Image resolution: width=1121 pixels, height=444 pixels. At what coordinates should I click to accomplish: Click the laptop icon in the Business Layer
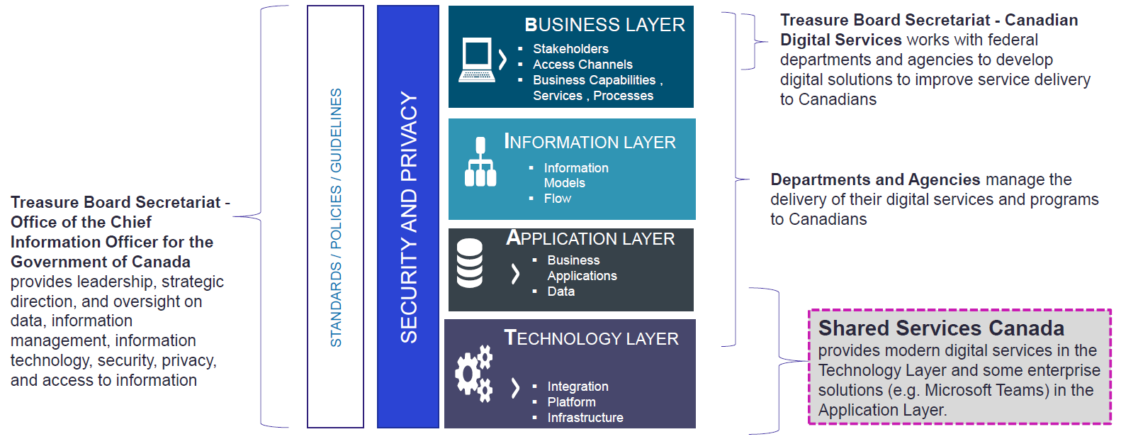[476, 60]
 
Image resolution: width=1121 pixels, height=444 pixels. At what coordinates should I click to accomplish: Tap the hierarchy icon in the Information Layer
[480, 162]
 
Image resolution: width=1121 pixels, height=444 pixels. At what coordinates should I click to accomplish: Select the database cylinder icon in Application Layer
[470, 263]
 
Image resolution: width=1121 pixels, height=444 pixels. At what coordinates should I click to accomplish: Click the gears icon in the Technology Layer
[473, 373]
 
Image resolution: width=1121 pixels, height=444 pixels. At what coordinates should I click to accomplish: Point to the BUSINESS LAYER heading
[604, 25]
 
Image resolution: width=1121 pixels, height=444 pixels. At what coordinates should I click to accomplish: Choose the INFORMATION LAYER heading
[590, 142]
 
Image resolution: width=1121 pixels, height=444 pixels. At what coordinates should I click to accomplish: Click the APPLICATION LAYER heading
[590, 238]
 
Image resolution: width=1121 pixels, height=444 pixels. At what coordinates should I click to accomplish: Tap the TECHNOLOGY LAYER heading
[591, 338]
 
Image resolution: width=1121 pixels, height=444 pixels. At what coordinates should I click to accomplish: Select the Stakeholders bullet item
[570, 49]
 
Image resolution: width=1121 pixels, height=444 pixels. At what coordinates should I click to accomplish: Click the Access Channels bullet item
[582, 65]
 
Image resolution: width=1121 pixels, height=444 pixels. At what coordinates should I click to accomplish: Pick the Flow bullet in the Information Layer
[557, 199]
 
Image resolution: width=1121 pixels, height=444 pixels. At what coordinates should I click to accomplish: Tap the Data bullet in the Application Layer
[560, 292]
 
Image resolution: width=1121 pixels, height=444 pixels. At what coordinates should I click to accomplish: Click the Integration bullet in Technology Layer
[578, 387]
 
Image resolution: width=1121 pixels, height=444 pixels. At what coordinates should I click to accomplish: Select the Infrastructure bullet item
[585, 418]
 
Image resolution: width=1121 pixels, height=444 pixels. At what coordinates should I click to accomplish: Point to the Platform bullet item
[571, 402]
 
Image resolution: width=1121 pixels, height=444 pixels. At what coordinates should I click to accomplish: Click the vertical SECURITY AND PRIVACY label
[409, 217]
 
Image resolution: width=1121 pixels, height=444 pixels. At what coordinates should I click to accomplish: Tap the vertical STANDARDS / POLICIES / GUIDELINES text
[336, 217]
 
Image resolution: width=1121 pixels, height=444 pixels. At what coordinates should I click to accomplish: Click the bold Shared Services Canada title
[941, 328]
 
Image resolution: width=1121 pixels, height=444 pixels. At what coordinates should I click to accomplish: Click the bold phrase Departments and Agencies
[875, 180]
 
